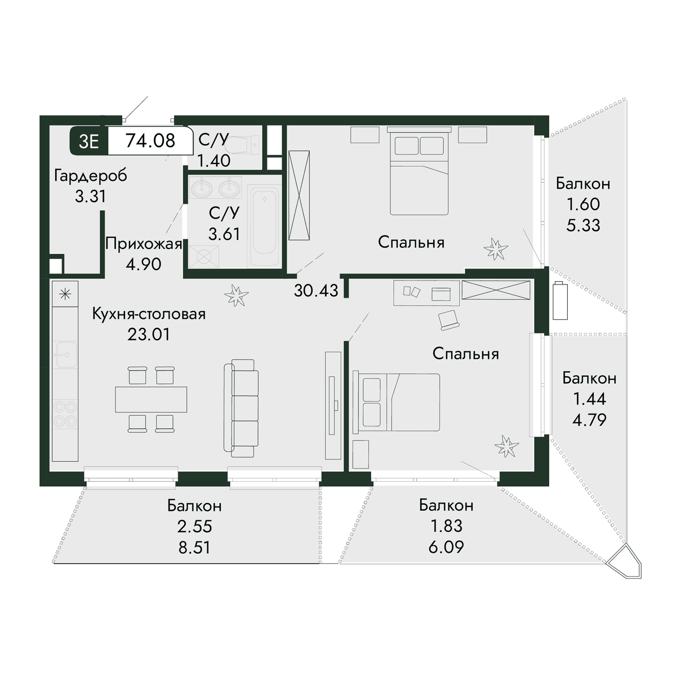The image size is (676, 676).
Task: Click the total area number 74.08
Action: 150,141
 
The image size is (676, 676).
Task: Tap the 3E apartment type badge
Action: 89,141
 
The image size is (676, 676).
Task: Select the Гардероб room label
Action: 91,176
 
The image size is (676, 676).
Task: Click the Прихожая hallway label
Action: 144,243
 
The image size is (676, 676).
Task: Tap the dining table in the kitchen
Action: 151,399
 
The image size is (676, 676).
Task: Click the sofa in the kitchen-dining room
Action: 241,408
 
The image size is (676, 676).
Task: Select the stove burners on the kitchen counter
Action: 65,415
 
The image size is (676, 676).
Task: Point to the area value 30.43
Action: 316,291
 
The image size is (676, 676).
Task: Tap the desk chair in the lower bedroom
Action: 448,320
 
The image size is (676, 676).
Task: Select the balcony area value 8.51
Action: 194,547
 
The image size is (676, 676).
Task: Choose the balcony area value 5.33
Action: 583,225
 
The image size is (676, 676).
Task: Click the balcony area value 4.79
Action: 589,420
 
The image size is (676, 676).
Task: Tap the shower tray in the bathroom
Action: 204,256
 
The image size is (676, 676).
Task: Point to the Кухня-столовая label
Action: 149,314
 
